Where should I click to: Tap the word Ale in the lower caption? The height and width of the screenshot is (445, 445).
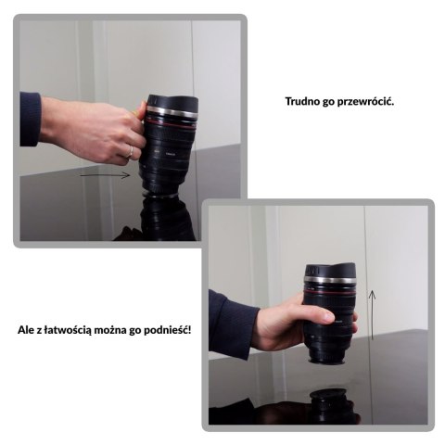(25, 330)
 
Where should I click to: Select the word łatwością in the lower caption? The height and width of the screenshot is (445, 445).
(68, 331)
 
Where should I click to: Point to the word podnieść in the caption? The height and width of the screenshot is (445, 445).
(167, 330)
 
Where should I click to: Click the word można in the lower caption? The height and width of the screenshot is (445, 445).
(110, 330)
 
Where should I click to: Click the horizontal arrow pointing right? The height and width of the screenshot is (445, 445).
(105, 175)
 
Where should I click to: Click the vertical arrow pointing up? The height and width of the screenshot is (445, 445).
(372, 314)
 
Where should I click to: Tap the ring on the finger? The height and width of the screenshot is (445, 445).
(131, 152)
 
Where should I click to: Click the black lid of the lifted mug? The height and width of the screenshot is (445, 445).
(330, 271)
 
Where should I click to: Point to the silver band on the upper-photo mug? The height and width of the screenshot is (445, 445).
(172, 111)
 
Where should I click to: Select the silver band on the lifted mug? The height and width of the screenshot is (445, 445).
(329, 281)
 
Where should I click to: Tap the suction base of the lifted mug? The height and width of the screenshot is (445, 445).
(327, 361)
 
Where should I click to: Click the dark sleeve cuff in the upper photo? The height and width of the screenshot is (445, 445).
(30, 119)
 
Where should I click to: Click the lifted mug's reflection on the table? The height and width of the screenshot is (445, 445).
(328, 406)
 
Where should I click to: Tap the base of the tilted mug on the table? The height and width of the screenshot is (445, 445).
(159, 194)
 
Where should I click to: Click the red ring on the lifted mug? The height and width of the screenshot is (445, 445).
(329, 292)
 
